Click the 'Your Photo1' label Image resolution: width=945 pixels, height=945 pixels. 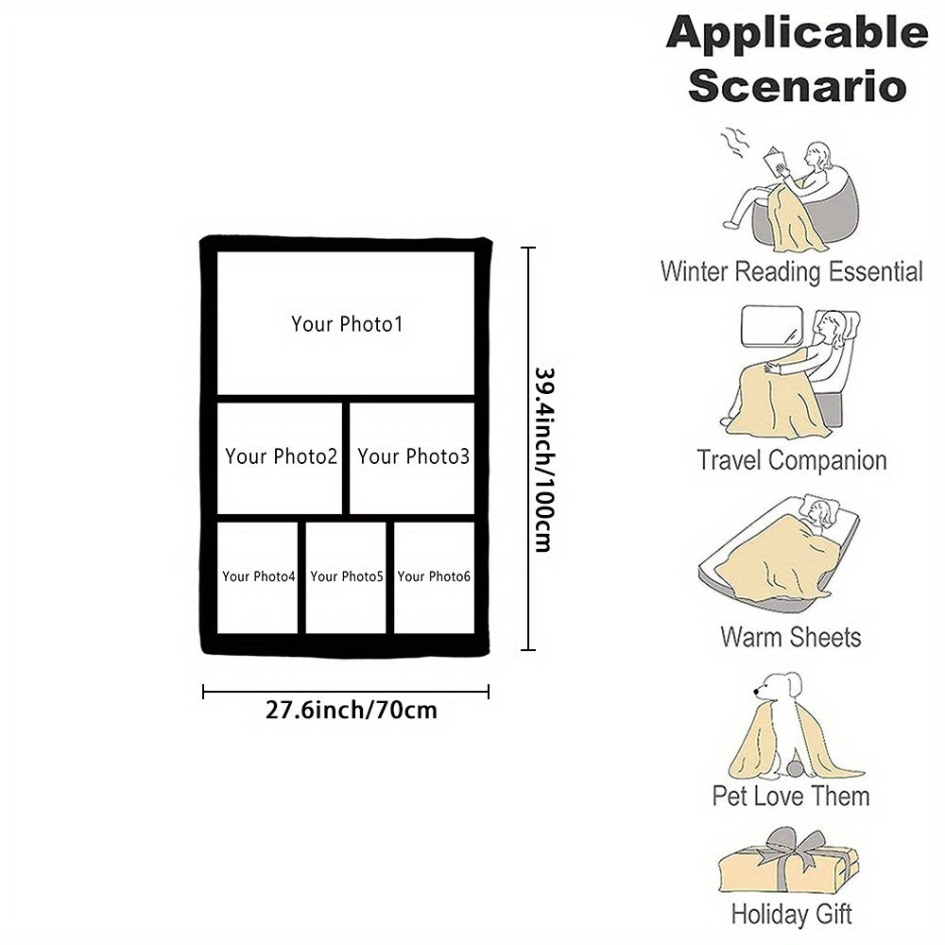[x=347, y=324]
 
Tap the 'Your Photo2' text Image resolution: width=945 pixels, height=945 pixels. [x=281, y=457]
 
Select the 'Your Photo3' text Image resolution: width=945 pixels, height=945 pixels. [x=413, y=457]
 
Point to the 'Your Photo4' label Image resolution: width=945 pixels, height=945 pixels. [x=259, y=576]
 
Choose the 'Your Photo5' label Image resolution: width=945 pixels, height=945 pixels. [x=347, y=576]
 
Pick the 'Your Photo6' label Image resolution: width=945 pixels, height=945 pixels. [x=434, y=576]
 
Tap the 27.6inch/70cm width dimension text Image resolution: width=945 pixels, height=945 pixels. [x=352, y=710]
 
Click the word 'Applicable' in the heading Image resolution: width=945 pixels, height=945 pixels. [x=797, y=34]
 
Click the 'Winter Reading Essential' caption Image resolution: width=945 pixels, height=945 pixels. [x=791, y=272]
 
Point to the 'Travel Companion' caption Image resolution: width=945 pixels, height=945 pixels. [x=792, y=461]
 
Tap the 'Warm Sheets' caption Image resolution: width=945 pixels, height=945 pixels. [x=791, y=636]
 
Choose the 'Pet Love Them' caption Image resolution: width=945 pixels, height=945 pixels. [x=791, y=796]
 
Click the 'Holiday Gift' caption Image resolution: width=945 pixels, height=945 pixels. [x=791, y=914]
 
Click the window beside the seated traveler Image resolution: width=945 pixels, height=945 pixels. [x=767, y=326]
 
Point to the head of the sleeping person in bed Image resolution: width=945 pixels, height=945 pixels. [x=820, y=515]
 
